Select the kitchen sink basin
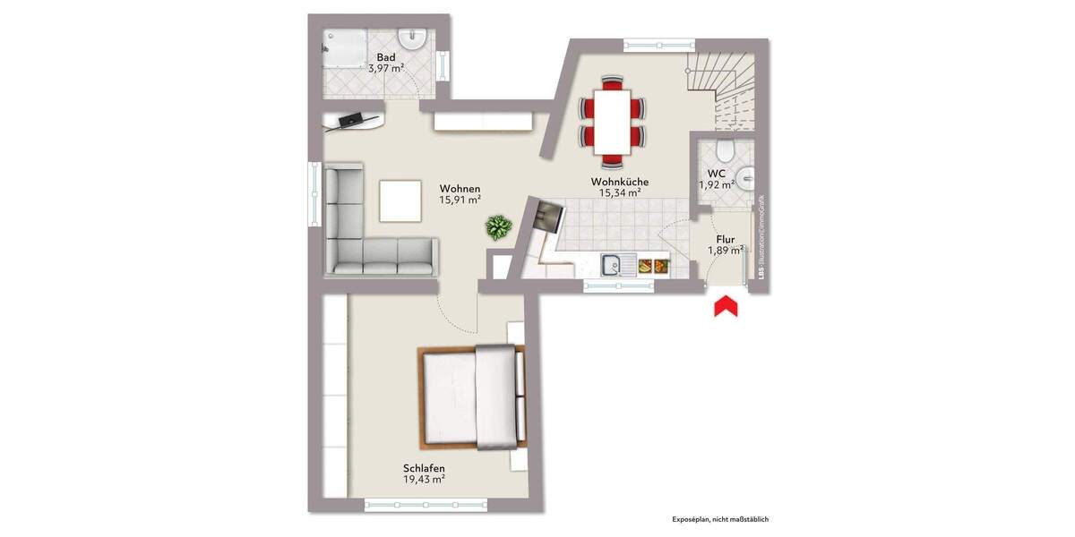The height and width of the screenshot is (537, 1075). (614, 265)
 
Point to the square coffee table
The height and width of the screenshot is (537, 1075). (400, 200)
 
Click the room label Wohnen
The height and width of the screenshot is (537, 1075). (460, 189)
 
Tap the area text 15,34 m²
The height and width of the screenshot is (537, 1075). (619, 192)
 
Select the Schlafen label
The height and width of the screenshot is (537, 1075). (424, 468)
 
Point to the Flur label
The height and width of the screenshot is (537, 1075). (726, 239)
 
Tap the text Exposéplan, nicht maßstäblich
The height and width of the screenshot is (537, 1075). (720, 519)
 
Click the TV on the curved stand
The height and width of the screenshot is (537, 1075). (352, 118)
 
